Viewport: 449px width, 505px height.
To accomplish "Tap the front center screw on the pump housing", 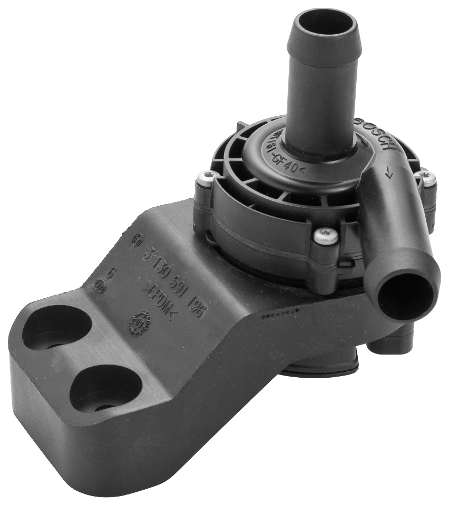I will coord(326,237).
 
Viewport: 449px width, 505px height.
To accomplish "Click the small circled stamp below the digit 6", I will coord(100,286).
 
